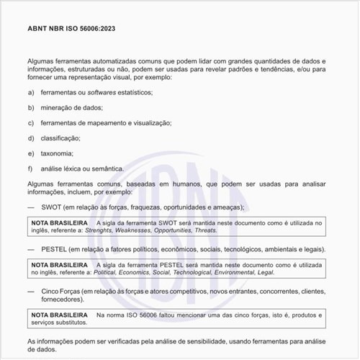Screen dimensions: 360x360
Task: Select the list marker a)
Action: pyautogui.click(x=31, y=92)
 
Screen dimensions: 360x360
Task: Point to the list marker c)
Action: pyautogui.click(x=31, y=122)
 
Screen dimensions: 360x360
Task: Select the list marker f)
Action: pyautogui.click(x=31, y=168)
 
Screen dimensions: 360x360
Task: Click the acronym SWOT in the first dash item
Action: pyautogui.click(x=52, y=207)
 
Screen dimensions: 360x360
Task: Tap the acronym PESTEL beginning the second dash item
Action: pyautogui.click(x=55, y=249)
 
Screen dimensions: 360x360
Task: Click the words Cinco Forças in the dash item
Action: pyautogui.click(x=59, y=291)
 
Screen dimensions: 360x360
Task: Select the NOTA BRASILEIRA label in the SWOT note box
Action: pyautogui.click(x=60, y=223)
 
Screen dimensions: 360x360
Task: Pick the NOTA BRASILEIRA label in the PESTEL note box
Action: pyautogui.click(x=60, y=265)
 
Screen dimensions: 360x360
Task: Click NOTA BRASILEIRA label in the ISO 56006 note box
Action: pyautogui.click(x=60, y=315)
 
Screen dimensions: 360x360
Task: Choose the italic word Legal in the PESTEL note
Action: pyautogui.click(x=265, y=273)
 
